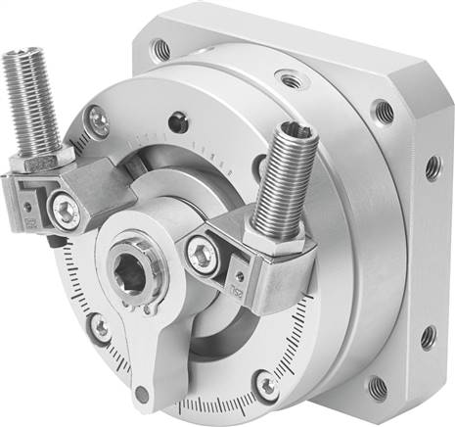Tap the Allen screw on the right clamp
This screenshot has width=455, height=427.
(198, 254)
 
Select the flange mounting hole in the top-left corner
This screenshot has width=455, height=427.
(159, 47)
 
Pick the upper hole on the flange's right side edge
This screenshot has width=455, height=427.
(432, 168)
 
